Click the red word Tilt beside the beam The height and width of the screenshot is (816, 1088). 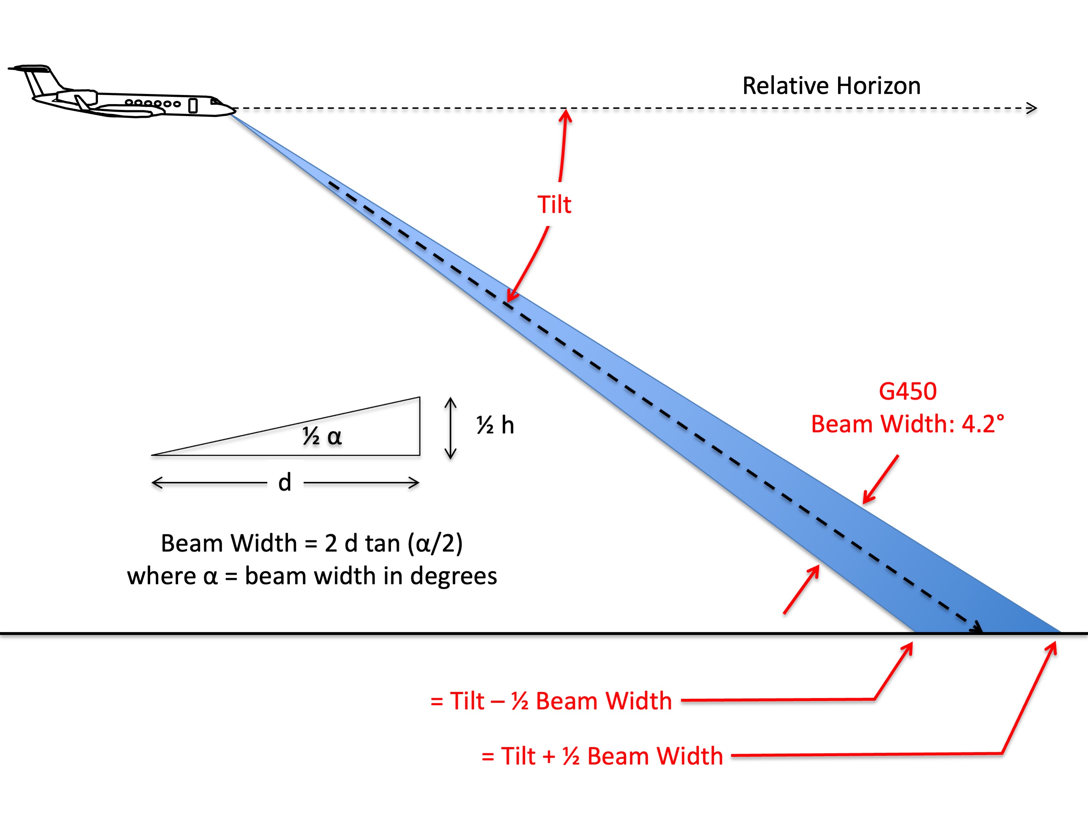coord(554,204)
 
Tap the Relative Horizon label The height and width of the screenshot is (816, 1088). coord(831,86)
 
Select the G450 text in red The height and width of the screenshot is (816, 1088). coord(907,391)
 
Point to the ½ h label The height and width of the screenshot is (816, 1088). coord(495,425)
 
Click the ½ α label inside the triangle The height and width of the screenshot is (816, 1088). coord(322,436)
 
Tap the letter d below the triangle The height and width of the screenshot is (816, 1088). coord(285,482)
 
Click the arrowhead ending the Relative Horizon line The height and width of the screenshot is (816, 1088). coord(1031,108)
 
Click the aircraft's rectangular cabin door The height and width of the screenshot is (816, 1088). coord(193,106)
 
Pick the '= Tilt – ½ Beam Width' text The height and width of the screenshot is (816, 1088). coord(551,701)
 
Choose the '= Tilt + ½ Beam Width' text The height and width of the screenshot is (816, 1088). coord(602,756)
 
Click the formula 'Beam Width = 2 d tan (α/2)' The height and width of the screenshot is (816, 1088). coord(312,544)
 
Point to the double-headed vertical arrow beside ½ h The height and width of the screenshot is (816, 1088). coord(451,428)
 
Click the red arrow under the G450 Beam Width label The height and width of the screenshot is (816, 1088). coord(880,480)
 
